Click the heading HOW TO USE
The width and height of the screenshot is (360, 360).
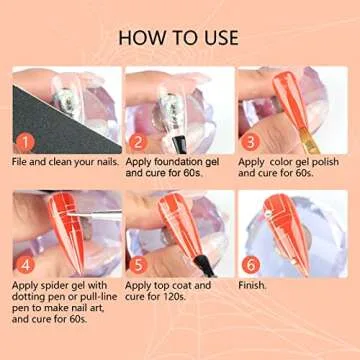179,37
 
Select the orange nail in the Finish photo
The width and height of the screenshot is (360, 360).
282,230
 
